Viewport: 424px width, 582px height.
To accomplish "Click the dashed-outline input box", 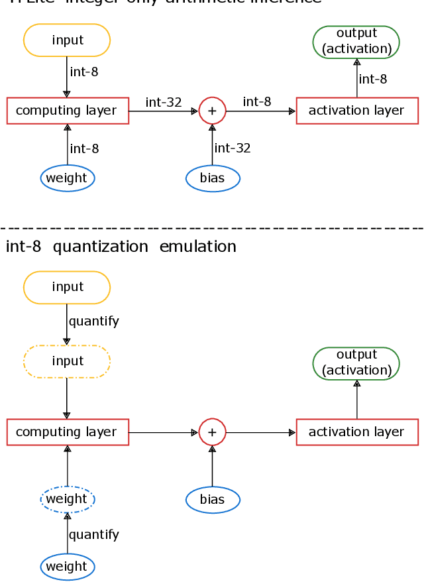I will (x=67, y=361).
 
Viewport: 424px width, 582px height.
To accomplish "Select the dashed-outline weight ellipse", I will (x=67, y=498).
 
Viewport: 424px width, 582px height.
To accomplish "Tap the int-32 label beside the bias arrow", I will (x=233, y=148).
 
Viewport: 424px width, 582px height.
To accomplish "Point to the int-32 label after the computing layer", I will (x=164, y=102).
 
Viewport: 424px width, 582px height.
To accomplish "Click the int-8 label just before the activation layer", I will (x=257, y=101).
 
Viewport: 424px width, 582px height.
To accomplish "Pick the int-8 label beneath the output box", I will (x=373, y=79).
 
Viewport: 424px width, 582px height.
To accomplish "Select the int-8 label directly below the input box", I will (x=84, y=72).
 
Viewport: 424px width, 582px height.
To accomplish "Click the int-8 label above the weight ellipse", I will (x=85, y=148).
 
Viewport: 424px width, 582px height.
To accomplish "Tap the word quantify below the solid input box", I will (x=94, y=321).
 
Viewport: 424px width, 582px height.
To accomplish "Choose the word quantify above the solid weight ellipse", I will (x=94, y=534).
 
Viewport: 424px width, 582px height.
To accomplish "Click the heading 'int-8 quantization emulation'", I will (x=121, y=247).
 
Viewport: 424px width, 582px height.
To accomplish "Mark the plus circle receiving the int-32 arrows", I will (x=212, y=111).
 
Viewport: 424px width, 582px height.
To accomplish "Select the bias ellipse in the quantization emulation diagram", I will (x=212, y=499).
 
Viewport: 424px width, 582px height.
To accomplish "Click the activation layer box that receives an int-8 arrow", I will (x=356, y=111).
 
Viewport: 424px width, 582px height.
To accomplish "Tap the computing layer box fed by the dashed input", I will (x=67, y=432).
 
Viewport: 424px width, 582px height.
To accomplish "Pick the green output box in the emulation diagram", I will (x=356, y=363).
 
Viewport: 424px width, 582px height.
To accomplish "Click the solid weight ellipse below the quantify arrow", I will (x=67, y=566).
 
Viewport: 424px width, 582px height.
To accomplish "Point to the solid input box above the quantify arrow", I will (x=67, y=287).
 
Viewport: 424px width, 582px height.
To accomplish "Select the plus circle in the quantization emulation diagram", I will (x=212, y=432).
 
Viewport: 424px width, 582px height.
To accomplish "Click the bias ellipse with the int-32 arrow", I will (x=212, y=178).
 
